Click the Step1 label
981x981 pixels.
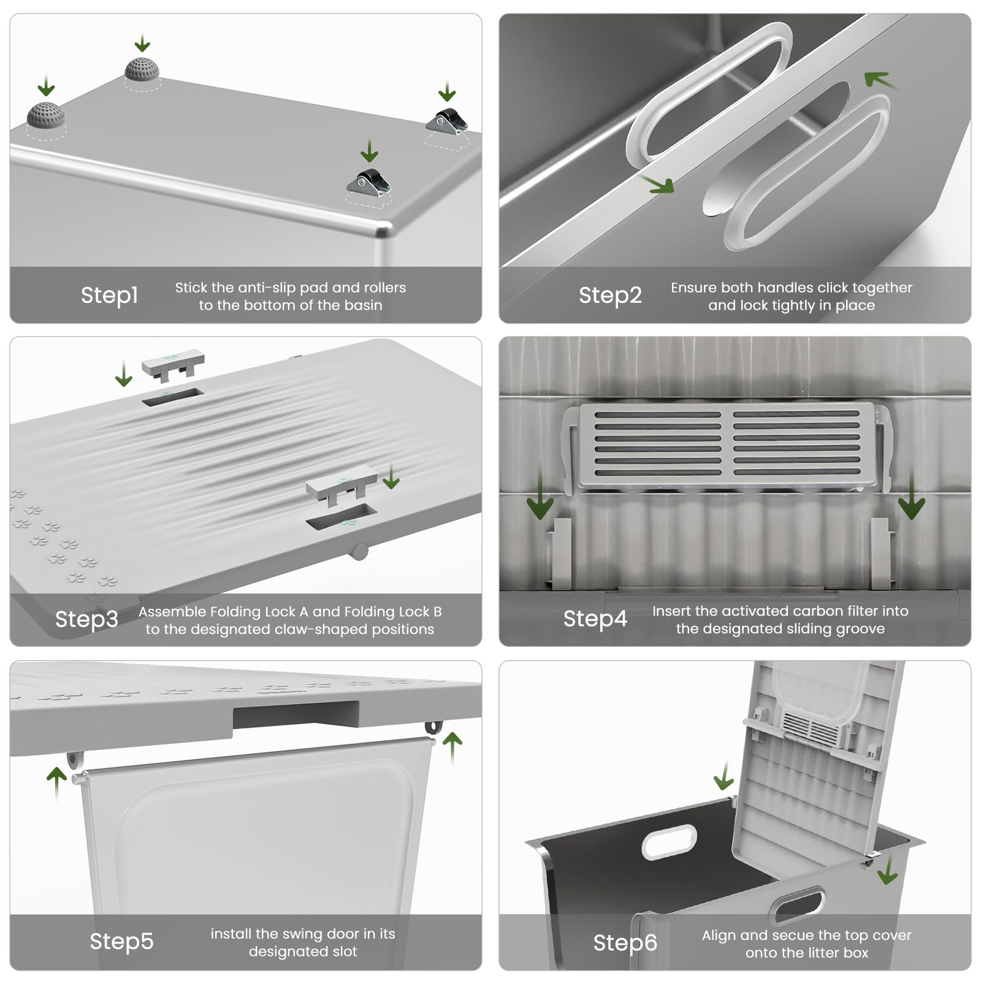109,295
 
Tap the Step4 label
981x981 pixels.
595,619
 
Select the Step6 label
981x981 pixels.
625,942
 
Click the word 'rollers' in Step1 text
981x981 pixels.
385,288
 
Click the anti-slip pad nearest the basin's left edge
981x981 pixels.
45,115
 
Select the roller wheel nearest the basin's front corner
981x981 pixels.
368,181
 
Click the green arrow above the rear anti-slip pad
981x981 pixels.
142,44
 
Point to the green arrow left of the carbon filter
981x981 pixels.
540,497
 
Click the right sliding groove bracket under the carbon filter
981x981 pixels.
879,552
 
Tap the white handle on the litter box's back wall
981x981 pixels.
670,841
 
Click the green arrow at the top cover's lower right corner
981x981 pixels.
887,871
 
